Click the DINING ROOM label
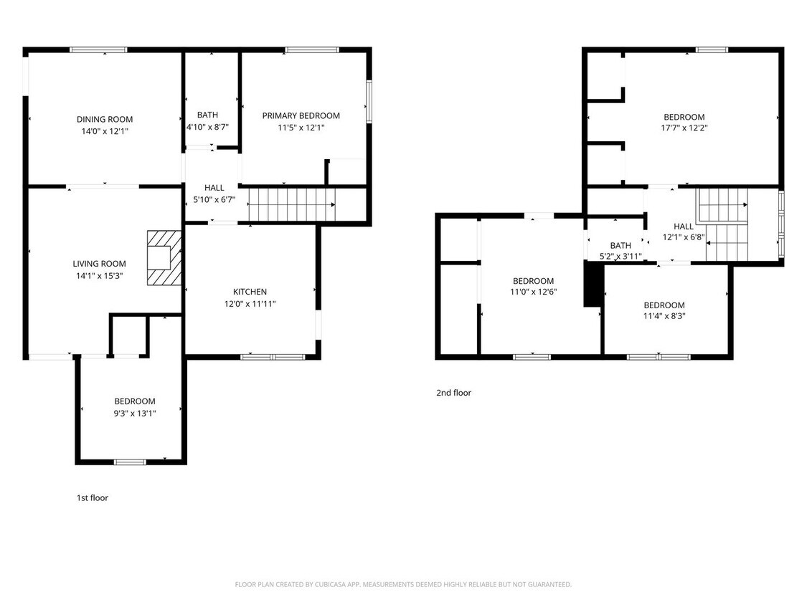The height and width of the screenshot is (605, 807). (105, 119)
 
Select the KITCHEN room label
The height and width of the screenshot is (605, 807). (250, 292)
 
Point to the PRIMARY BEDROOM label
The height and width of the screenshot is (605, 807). (301, 115)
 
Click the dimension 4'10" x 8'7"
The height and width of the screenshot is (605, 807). (207, 127)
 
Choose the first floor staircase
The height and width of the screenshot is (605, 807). (291, 204)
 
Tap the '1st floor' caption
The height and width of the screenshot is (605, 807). (93, 497)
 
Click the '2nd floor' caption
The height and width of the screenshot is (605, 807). (453, 393)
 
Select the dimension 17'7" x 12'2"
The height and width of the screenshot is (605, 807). (684, 128)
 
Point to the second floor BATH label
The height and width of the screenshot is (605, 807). (620, 245)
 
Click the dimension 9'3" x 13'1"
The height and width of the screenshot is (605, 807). (135, 413)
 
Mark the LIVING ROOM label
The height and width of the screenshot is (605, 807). (99, 264)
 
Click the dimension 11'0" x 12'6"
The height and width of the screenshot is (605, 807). (533, 292)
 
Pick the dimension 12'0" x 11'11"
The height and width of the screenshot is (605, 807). (250, 303)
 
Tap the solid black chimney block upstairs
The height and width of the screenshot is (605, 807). (592, 285)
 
